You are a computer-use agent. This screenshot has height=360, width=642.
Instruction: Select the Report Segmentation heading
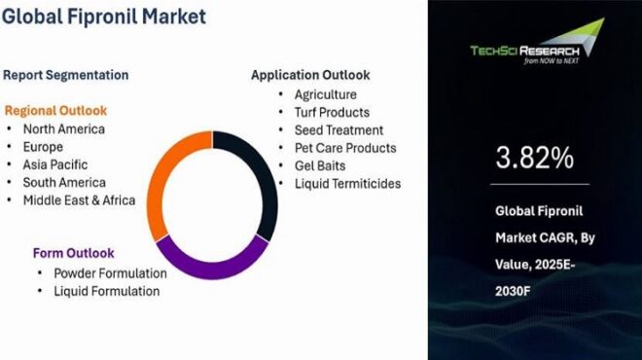click(x=66, y=75)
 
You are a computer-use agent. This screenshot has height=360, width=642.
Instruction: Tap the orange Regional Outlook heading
click(x=56, y=110)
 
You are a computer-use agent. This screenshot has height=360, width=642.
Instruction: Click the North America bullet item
click(x=64, y=128)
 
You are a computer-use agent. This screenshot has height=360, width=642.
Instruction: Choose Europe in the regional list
click(x=44, y=147)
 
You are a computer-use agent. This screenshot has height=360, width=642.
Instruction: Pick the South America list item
click(x=64, y=183)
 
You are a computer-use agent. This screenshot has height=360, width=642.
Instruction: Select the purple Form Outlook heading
click(x=73, y=253)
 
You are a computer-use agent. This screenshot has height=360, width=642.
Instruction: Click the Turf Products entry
click(x=332, y=112)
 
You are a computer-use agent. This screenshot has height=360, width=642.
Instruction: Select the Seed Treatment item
click(x=339, y=129)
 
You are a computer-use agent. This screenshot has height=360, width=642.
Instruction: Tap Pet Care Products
click(x=345, y=148)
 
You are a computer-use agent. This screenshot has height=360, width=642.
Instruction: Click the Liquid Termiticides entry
click(x=347, y=183)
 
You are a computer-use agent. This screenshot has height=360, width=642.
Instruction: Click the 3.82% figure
click(x=534, y=158)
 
